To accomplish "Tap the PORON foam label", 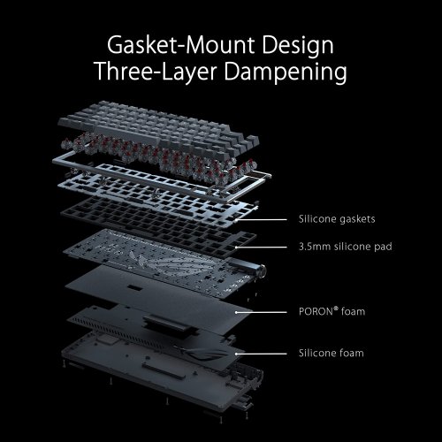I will (327, 312).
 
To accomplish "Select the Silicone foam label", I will (329, 354).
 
